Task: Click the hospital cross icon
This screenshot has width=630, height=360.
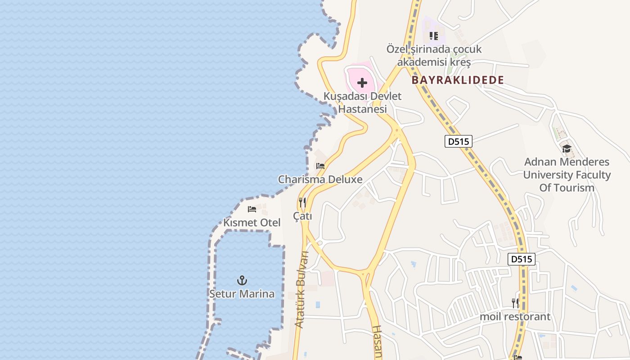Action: coord(362,83)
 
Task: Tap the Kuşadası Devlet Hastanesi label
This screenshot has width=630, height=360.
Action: coord(362,103)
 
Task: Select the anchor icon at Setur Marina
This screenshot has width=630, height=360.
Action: coord(242,280)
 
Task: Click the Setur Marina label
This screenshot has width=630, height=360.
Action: coord(242,294)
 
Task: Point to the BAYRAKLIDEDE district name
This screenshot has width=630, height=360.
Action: coord(458,80)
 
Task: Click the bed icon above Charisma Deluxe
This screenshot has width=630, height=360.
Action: coord(320,166)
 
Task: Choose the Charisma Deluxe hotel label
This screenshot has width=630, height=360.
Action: coord(320,179)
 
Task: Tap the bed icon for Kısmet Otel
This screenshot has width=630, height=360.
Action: coord(252,209)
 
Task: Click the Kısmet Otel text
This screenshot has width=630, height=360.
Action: coord(252,222)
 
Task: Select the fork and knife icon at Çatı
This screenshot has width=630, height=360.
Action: coord(302,202)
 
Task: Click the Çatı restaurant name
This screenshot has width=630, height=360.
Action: coord(302,216)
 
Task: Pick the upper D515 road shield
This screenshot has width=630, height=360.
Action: coord(459,141)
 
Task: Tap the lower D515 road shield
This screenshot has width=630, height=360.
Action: coord(522,259)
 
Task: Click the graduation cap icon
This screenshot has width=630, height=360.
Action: coord(567,148)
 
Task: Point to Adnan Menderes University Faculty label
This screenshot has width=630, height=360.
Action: coord(567,175)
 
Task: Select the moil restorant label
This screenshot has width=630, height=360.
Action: coord(515,316)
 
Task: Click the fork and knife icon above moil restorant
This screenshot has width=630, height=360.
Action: coord(515,303)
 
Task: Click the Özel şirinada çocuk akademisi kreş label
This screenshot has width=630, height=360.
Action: coord(434,55)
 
